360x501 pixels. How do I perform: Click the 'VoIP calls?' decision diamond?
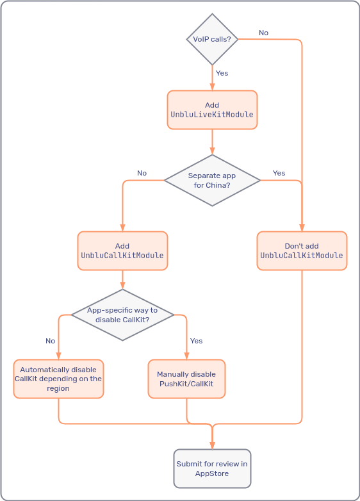tap(212, 40)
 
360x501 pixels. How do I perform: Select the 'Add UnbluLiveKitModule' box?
tap(212, 110)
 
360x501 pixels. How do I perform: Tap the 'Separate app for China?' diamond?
tap(212, 181)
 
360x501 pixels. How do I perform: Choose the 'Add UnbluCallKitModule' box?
tap(122, 250)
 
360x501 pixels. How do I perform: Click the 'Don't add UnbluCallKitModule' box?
tap(302, 250)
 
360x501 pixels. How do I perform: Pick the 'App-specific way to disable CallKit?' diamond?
tap(122, 315)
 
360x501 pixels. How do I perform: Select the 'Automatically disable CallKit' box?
tap(58, 379)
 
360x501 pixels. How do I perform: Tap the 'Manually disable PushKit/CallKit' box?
tap(186, 379)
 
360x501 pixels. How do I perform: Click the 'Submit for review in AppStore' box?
tap(212, 468)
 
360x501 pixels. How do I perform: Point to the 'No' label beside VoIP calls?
tap(263, 33)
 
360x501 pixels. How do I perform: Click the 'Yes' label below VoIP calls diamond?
tap(222, 73)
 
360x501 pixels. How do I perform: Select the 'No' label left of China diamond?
tap(142, 173)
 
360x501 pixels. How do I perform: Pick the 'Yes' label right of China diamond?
tap(279, 173)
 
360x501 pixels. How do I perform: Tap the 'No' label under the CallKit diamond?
tap(50, 341)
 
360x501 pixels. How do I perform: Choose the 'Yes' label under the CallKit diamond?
tap(196, 341)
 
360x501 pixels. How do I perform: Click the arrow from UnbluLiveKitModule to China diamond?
tap(212, 142)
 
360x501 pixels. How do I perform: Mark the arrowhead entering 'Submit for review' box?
tap(212, 445)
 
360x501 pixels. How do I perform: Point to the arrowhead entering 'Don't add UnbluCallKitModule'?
tap(302, 227)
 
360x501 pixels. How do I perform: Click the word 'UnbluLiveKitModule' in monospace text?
tap(212, 115)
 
